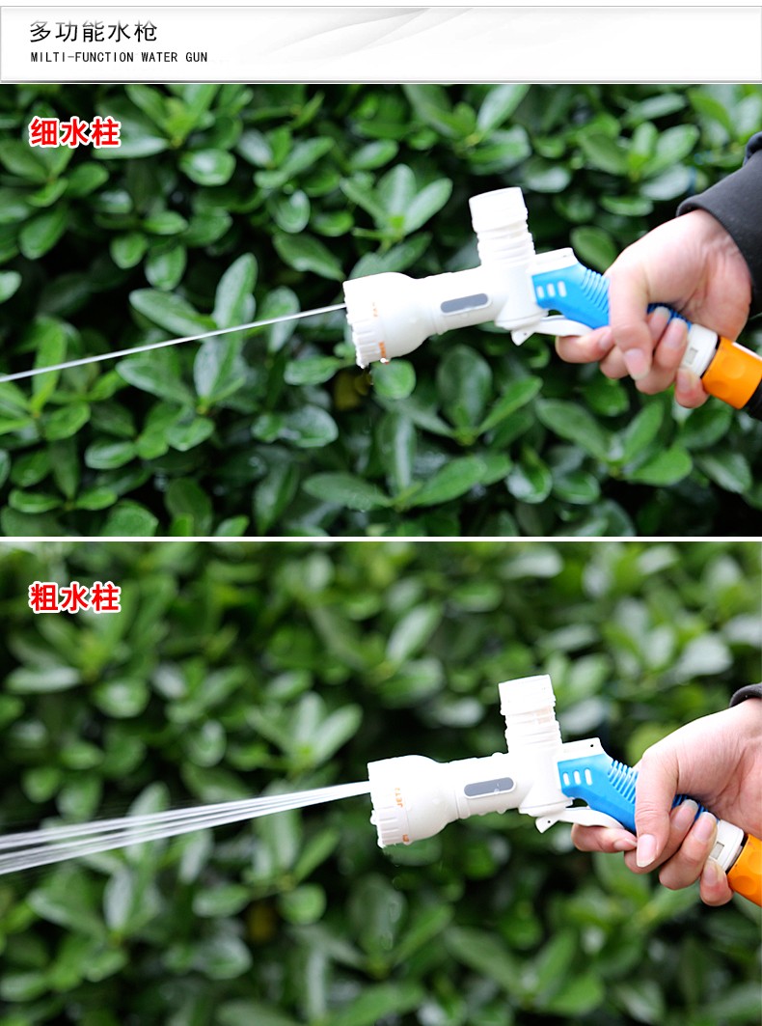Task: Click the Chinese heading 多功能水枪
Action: pos(93,32)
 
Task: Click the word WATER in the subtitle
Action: pos(159,57)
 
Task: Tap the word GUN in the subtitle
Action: pos(196,57)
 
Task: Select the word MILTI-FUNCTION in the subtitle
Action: pos(82,57)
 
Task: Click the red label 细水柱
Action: pos(74,132)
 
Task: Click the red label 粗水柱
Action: pos(74,597)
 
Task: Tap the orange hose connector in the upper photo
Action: pos(732,373)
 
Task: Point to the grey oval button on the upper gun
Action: pos(464,304)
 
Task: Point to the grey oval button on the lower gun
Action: pos(489,788)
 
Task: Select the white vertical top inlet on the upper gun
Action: pos(501,226)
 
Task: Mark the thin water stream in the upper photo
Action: pos(172,343)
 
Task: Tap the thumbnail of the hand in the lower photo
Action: pos(646,850)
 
